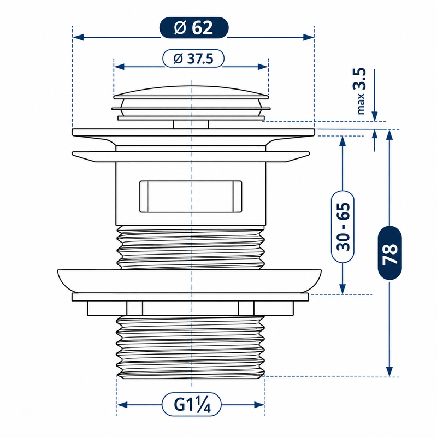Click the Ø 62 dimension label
coord(194,28)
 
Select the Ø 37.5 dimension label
coord(193,58)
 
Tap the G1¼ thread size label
coord(192,404)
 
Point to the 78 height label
coord(389,253)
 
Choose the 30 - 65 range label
coord(343,227)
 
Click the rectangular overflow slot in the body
coord(191,197)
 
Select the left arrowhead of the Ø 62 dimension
coord(78,37)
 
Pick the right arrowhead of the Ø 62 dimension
coord(309,37)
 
